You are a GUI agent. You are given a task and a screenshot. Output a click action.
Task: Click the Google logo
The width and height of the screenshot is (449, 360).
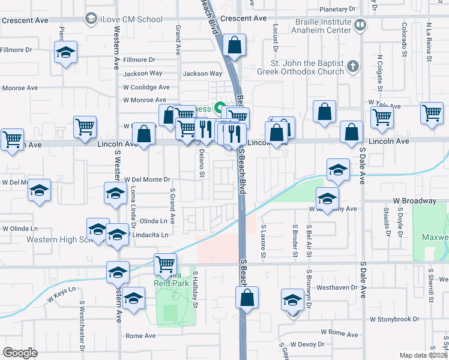coord(20,353)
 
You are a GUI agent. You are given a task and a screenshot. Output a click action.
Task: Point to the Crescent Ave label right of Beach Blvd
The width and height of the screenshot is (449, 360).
coord(243,19)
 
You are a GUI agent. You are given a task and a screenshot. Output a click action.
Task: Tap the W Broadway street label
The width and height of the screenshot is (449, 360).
coord(414,200)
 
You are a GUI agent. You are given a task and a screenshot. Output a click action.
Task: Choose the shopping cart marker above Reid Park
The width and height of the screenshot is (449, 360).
coord(165,263)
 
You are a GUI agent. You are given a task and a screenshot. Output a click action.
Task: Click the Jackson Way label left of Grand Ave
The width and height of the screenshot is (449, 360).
coord(143,74)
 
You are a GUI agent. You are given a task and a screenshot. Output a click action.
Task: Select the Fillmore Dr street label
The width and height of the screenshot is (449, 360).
coord(139,60)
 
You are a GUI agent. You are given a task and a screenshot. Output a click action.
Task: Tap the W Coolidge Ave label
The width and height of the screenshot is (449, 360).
coord(146,87)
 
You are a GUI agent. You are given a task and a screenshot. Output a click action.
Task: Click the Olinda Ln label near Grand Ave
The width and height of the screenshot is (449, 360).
coord(152,221)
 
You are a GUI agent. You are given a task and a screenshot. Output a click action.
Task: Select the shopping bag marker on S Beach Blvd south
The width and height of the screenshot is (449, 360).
coord(247,297)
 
